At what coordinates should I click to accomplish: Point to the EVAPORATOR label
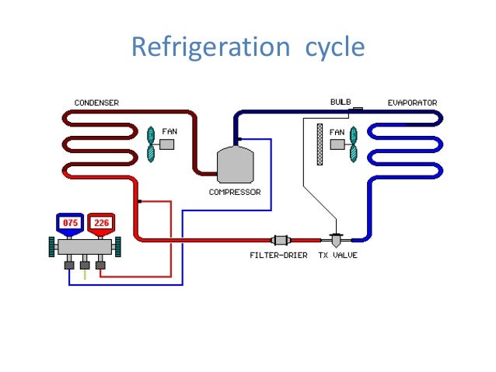pos(412,103)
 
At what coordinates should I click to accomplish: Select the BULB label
pos(341,102)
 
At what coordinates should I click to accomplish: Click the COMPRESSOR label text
pos(235,192)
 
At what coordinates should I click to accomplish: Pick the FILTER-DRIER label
pos(278,256)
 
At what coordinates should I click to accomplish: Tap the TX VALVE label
pos(338,256)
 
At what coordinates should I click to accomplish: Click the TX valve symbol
pos(338,240)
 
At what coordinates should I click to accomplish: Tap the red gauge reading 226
pos(101,224)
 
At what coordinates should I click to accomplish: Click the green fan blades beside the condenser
pos(152,144)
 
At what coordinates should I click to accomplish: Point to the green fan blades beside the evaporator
pos(354,144)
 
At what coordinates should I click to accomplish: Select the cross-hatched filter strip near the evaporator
pos(319,144)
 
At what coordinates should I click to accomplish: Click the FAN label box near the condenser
pos(168,143)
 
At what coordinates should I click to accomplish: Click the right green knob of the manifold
pos(121,248)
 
